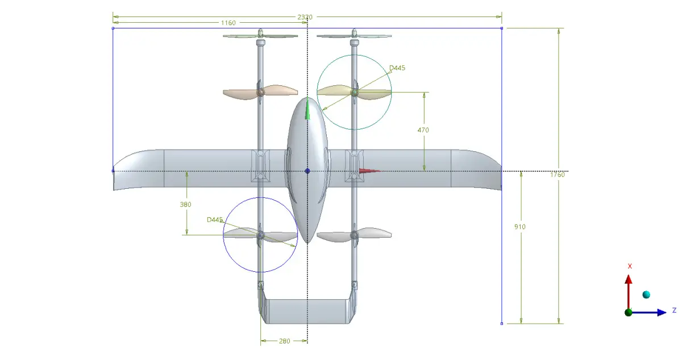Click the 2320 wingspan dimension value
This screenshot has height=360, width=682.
pyautogui.click(x=305, y=17)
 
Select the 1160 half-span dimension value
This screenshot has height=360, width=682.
pyautogui.click(x=228, y=23)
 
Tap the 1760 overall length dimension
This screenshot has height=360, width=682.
pyautogui.click(x=558, y=175)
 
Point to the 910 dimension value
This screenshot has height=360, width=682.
pyautogui.click(x=519, y=227)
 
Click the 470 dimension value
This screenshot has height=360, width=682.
pyautogui.click(x=423, y=130)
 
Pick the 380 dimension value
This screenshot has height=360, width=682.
pyautogui.click(x=186, y=204)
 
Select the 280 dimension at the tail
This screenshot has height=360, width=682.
pyautogui.click(x=284, y=341)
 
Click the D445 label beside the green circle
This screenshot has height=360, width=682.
pyautogui.click(x=397, y=68)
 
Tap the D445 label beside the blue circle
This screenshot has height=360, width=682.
pyautogui.click(x=215, y=220)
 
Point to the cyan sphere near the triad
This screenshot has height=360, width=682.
pyautogui.click(x=646, y=294)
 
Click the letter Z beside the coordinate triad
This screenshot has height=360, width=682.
pyautogui.click(x=674, y=311)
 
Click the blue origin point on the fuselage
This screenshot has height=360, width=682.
pyautogui.click(x=307, y=171)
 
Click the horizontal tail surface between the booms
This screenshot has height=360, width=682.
pyautogui.click(x=307, y=311)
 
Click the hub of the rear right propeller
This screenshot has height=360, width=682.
pyautogui.click(x=354, y=234)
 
